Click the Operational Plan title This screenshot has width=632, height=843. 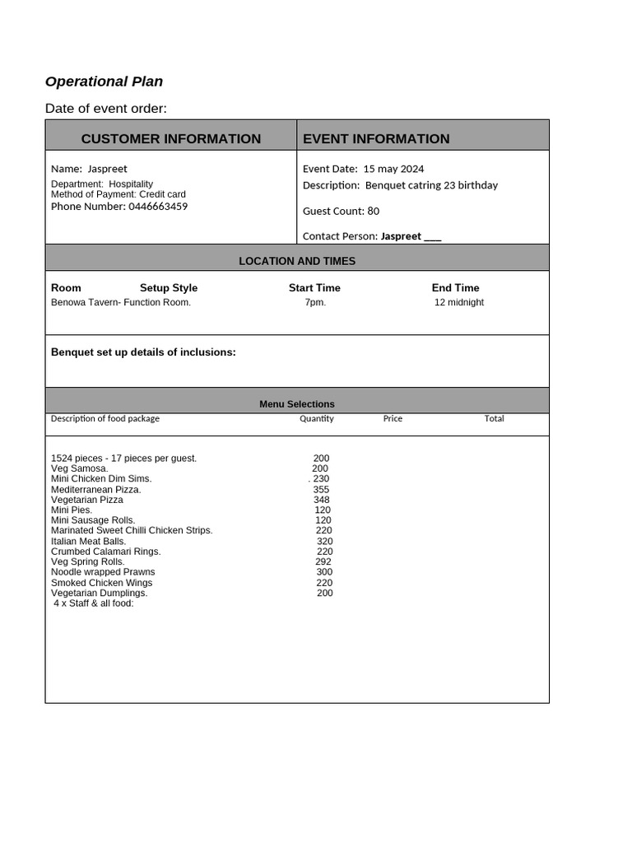(104, 82)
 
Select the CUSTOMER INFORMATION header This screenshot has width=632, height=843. (170, 138)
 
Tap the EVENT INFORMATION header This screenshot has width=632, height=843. (376, 138)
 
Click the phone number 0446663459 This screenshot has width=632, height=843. (157, 207)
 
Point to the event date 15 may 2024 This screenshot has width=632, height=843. (393, 169)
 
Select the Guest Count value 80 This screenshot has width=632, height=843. (373, 212)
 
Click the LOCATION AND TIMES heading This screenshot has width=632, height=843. (297, 261)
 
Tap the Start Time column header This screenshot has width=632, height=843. (314, 288)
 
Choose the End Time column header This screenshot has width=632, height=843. (455, 288)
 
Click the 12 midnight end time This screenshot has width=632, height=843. (458, 303)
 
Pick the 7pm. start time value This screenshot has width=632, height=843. (315, 303)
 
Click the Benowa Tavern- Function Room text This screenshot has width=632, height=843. (121, 303)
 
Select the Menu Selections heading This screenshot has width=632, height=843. (297, 404)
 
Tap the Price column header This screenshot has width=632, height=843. (393, 419)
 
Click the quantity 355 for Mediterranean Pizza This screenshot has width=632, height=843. (321, 490)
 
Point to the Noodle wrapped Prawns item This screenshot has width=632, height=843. (103, 572)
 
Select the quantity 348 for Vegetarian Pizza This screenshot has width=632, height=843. (321, 500)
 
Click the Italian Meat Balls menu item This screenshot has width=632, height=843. (89, 542)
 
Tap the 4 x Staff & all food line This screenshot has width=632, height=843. (93, 603)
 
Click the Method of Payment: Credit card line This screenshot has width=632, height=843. (118, 195)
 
